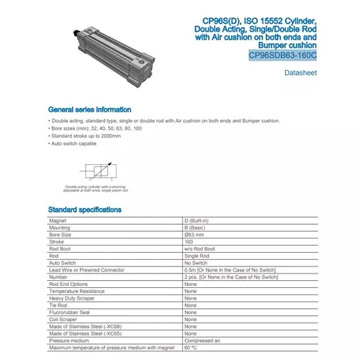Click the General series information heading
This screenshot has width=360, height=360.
(89, 109)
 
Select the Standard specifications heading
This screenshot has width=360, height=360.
(84, 210)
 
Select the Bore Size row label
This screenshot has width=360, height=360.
(60, 235)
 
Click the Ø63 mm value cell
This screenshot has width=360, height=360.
(196, 235)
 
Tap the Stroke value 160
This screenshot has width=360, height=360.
(189, 242)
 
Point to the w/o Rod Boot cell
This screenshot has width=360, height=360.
(200, 249)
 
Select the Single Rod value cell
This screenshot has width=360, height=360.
(197, 256)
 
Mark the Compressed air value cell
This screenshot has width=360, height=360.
(202, 341)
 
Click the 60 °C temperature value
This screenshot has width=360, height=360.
(191, 348)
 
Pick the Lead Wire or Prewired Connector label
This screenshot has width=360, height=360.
(87, 270)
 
